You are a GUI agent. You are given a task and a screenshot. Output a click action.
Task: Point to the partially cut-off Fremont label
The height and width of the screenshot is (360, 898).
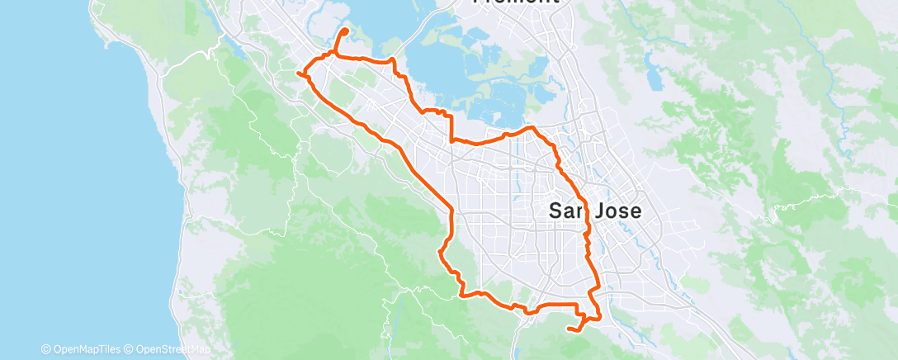pyautogui.click(x=515, y=2)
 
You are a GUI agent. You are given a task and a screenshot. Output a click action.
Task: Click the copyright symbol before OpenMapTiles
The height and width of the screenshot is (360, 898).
pyautogui.click(x=45, y=349)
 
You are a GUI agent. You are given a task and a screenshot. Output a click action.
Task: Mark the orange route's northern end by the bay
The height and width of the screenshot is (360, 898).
pyautogui.click(x=344, y=31)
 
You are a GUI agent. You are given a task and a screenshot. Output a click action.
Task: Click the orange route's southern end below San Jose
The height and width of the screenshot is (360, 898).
pyautogui.click(x=569, y=329)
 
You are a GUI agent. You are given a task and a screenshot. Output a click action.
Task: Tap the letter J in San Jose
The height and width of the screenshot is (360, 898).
pyautogui.click(x=604, y=212)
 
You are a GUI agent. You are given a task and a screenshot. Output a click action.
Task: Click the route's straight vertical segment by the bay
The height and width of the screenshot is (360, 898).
pyautogui.click(x=451, y=128)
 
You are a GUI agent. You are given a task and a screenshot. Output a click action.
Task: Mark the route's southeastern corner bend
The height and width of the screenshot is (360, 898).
pyautogui.click(x=598, y=315)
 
